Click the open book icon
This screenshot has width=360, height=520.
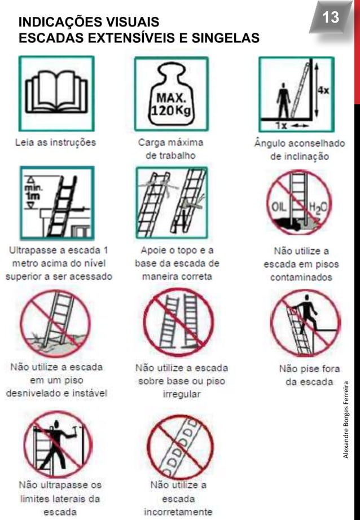point(56,92)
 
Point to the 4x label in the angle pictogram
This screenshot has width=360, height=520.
point(324,90)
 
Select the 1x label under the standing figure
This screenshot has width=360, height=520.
point(280,123)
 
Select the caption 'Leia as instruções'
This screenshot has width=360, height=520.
point(55,143)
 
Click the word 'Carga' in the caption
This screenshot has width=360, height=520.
point(152,142)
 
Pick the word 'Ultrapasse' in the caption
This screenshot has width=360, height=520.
point(33,249)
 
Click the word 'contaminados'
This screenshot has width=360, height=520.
point(301,277)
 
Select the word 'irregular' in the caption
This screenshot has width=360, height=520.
point(181,394)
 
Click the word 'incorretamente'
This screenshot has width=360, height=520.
point(178,512)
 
